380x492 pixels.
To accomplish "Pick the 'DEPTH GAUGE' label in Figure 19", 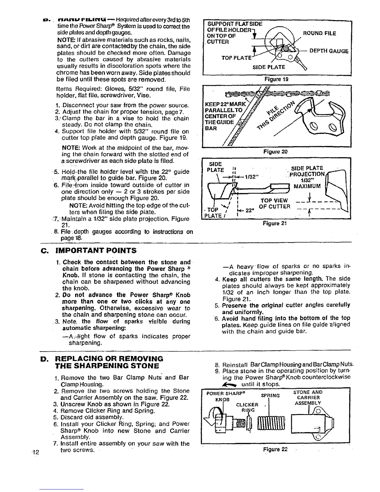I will [329, 51].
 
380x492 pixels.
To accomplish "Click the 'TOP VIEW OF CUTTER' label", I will [274, 203].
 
